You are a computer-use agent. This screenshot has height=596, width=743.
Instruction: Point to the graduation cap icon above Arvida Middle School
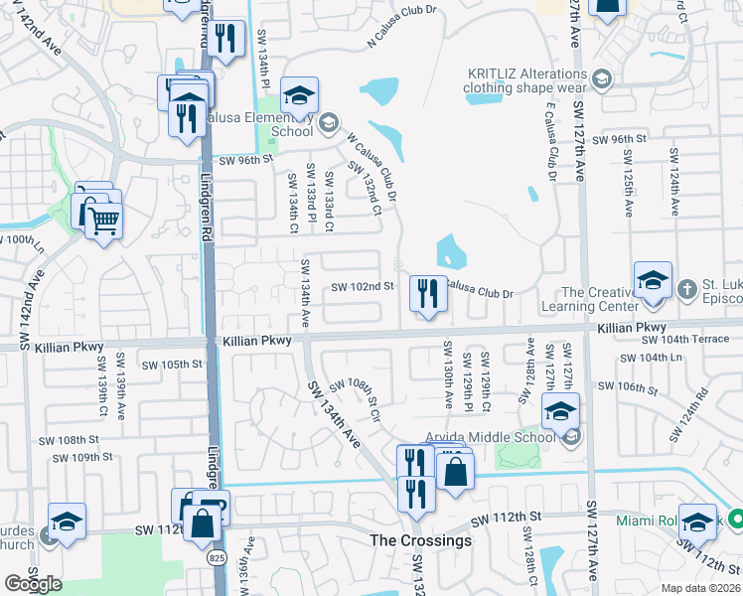pyautogui.click(x=560, y=410)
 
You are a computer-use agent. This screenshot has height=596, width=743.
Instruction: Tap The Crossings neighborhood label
pyautogui.click(x=420, y=540)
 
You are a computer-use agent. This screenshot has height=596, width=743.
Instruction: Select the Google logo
pyautogui.click(x=33, y=584)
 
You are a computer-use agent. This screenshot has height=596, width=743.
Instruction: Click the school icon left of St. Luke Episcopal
pyautogui.click(x=654, y=280)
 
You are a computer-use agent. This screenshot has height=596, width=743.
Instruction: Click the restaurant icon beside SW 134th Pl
pyautogui.click(x=229, y=40)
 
